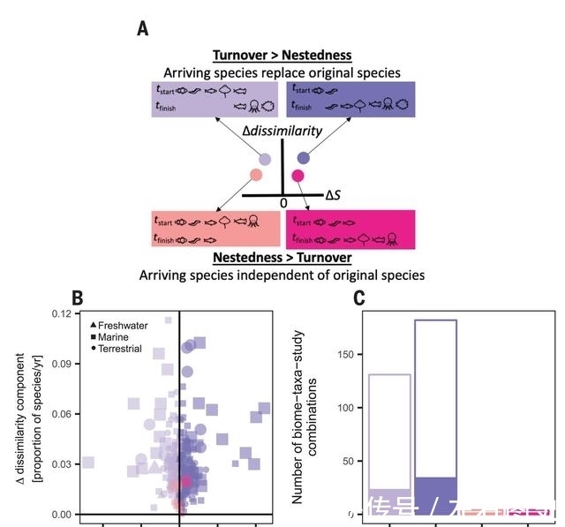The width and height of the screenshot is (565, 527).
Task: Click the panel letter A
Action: [x=142, y=30]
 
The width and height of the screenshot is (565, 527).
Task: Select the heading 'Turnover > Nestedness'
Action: [x=282, y=56]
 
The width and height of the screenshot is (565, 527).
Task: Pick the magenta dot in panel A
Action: [x=298, y=176]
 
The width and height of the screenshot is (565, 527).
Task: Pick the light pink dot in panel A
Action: [x=255, y=175]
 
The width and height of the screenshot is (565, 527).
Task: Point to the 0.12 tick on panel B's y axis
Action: [x=59, y=314]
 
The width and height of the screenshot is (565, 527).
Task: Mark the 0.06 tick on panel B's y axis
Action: [x=59, y=414]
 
